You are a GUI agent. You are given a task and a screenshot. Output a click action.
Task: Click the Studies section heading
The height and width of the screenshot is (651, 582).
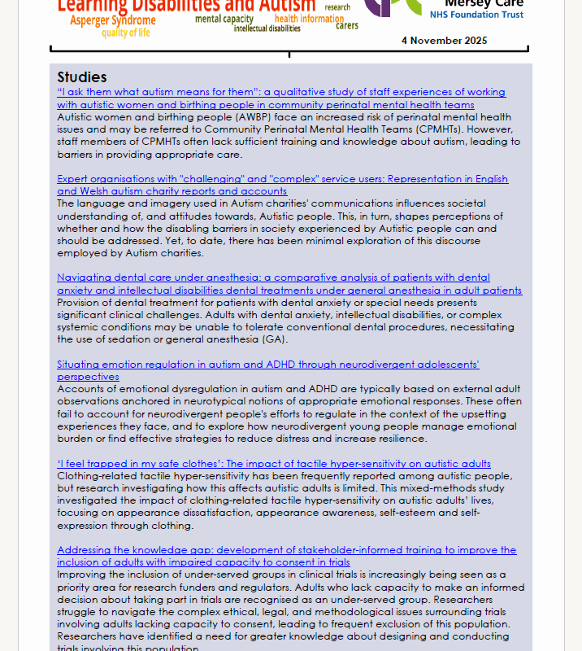(x=82, y=77)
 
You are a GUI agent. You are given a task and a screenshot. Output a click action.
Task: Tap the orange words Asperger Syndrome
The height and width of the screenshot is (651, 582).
(x=113, y=20)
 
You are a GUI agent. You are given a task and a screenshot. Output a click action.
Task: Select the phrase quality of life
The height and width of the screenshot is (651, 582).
(x=125, y=33)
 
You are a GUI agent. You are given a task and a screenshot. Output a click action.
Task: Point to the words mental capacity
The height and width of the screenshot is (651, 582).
(x=224, y=19)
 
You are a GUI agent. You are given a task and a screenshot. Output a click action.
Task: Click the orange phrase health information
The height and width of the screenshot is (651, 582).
(x=309, y=19)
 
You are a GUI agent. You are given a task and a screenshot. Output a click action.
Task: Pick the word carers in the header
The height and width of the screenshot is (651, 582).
(x=347, y=26)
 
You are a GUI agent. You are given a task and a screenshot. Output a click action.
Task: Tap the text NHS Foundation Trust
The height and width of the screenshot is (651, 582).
(x=476, y=15)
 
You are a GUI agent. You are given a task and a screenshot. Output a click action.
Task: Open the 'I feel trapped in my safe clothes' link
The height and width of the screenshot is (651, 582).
(x=274, y=464)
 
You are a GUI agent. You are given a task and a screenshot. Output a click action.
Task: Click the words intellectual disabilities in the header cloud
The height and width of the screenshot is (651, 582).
(x=267, y=28)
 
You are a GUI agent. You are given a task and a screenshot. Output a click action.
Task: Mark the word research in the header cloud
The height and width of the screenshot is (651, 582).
(x=337, y=7)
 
